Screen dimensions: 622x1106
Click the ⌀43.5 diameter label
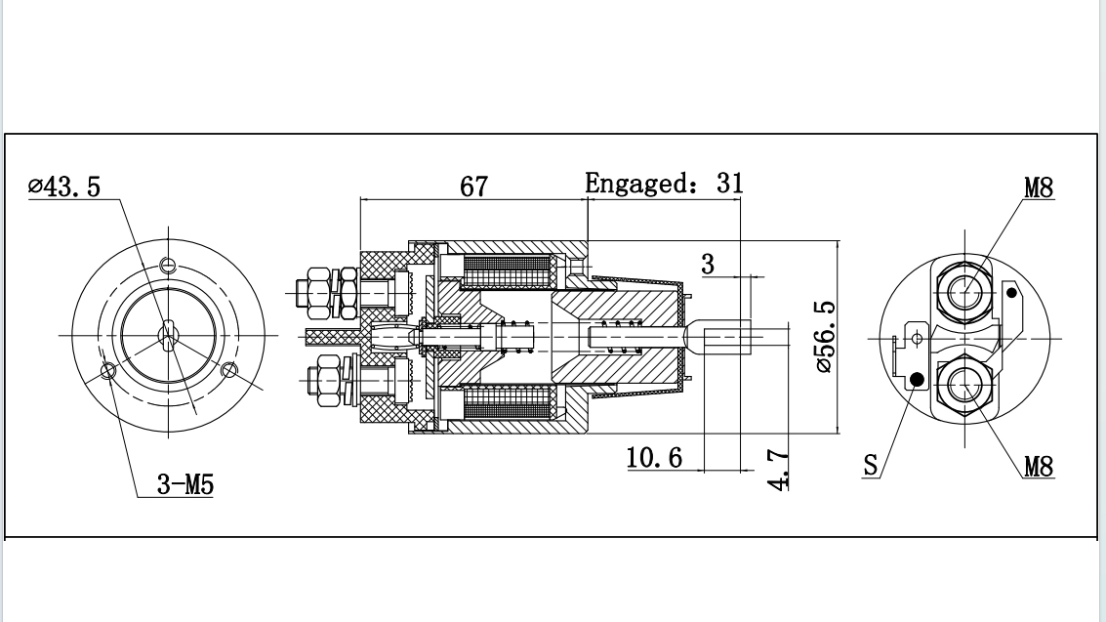pyautogui.click(x=64, y=187)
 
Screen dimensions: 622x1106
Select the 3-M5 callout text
pyautogui.click(x=185, y=484)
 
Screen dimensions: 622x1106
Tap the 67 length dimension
pyautogui.click(x=473, y=187)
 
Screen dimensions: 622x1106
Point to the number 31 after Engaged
pyautogui.click(x=730, y=183)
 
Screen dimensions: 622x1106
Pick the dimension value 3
pyautogui.click(x=708, y=264)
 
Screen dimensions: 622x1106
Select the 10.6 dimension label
pyautogui.click(x=654, y=457)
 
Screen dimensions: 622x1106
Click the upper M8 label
pyautogui.click(x=1039, y=187)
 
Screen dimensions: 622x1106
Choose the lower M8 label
pyautogui.click(x=1039, y=467)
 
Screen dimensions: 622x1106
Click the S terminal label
pyautogui.click(x=870, y=466)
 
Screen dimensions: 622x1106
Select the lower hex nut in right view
pyautogui.click(x=964, y=385)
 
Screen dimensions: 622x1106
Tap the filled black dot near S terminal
pyautogui.click(x=916, y=379)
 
